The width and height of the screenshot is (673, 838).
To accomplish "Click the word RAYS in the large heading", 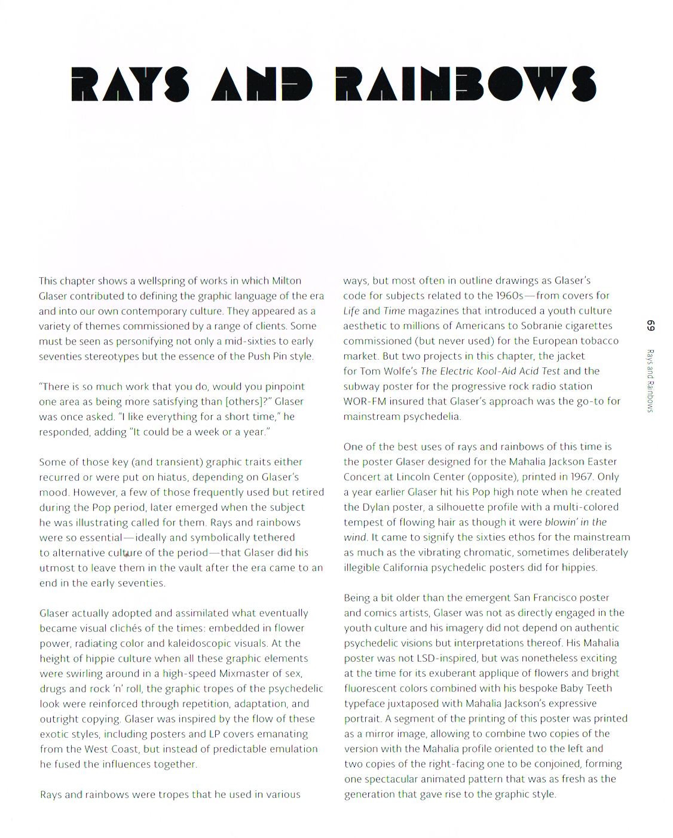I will pyautogui.click(x=130, y=84).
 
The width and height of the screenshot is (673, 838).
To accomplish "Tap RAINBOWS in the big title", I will pyautogui.click(x=465, y=84).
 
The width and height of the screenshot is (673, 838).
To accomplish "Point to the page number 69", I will pyautogui.click(x=650, y=326).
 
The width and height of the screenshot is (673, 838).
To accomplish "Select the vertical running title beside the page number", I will pyautogui.click(x=650, y=380).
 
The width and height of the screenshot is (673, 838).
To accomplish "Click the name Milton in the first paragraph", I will pyautogui.click(x=286, y=281).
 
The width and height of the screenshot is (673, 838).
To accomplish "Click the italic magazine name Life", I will pyautogui.click(x=351, y=311).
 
